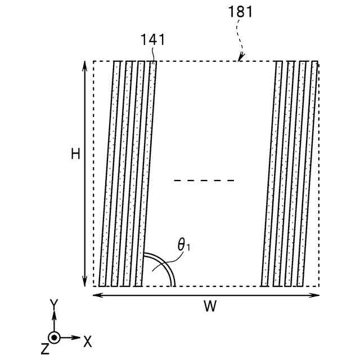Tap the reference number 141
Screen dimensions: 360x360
154,40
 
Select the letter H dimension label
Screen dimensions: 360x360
75,153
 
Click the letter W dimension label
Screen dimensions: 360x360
209,307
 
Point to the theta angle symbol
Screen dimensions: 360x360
183,245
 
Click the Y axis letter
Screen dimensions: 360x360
54,304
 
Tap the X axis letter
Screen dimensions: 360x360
87,340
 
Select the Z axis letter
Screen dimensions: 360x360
45,349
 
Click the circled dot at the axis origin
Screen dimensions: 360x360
54,337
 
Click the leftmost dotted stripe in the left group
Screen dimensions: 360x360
109,174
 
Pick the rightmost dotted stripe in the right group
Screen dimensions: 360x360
309,174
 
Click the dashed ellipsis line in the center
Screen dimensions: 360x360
204,181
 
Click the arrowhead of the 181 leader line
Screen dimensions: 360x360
240,58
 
